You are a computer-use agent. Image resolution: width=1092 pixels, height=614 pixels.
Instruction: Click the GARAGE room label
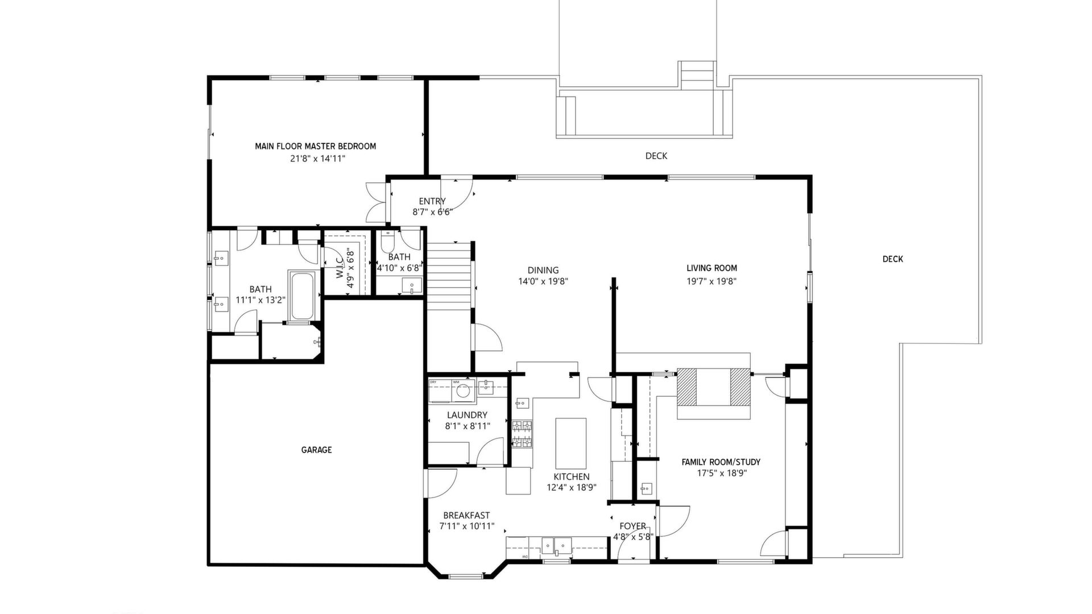[316, 450]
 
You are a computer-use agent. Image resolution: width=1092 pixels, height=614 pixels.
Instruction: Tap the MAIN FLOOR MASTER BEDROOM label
[315, 146]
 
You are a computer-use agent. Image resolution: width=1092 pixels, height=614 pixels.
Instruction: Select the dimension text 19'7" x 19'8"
[712, 281]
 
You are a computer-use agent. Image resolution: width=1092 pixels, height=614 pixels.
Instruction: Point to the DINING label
[543, 271]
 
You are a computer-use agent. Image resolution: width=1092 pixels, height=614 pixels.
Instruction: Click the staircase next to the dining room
[450, 276]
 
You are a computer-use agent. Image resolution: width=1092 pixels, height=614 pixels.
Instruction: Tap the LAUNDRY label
[467, 415]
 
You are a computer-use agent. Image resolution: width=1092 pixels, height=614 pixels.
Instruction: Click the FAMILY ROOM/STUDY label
[721, 462]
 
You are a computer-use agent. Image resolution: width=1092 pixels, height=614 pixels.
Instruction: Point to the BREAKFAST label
[466, 516]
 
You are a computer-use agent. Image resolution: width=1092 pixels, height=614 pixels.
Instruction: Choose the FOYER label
[632, 526]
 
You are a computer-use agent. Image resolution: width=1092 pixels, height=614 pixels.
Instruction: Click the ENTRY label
[432, 201]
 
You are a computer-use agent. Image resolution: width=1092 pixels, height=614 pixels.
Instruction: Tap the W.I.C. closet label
[340, 267]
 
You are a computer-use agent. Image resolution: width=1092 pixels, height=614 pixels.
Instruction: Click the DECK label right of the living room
[892, 259]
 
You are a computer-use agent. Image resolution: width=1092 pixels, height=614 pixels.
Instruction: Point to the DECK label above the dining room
[656, 156]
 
